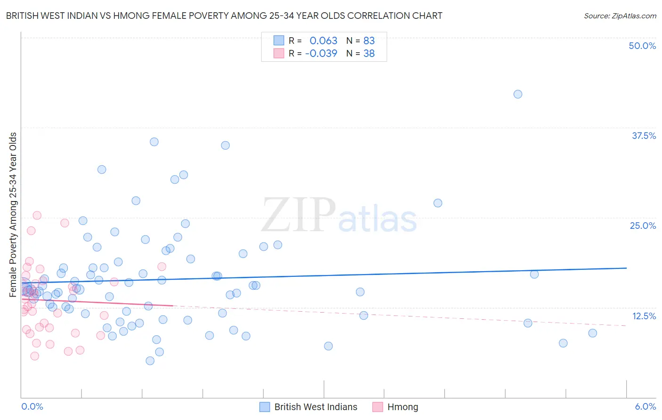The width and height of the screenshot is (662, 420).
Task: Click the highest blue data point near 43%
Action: (517, 94)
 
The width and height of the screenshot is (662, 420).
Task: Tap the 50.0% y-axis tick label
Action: (642, 46)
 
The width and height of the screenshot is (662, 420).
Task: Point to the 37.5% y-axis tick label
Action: (644, 136)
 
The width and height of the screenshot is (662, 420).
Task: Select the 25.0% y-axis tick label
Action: (643, 226)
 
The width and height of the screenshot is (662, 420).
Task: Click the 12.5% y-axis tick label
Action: (644, 316)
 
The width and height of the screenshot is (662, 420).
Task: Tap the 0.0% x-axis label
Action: (32, 406)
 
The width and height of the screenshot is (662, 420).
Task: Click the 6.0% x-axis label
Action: (645, 406)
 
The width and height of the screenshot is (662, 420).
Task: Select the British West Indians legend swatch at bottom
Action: (265, 407)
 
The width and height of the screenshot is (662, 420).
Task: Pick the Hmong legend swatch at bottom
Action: (378, 407)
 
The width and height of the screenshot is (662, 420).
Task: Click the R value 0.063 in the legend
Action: (323, 41)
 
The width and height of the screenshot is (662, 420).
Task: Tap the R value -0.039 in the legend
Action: (321, 54)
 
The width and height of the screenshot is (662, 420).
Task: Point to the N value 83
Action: (369, 41)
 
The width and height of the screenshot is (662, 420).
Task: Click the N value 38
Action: (369, 54)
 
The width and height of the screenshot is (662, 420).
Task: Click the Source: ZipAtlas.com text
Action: (620, 16)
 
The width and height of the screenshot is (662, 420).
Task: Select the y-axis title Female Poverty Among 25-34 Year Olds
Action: (13, 215)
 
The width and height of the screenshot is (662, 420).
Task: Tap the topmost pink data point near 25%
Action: (37, 215)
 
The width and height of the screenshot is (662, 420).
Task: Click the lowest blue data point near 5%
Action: (150, 361)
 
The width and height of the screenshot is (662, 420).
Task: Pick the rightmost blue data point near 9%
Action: (592, 333)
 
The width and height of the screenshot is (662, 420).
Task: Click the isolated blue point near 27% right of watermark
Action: (437, 203)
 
